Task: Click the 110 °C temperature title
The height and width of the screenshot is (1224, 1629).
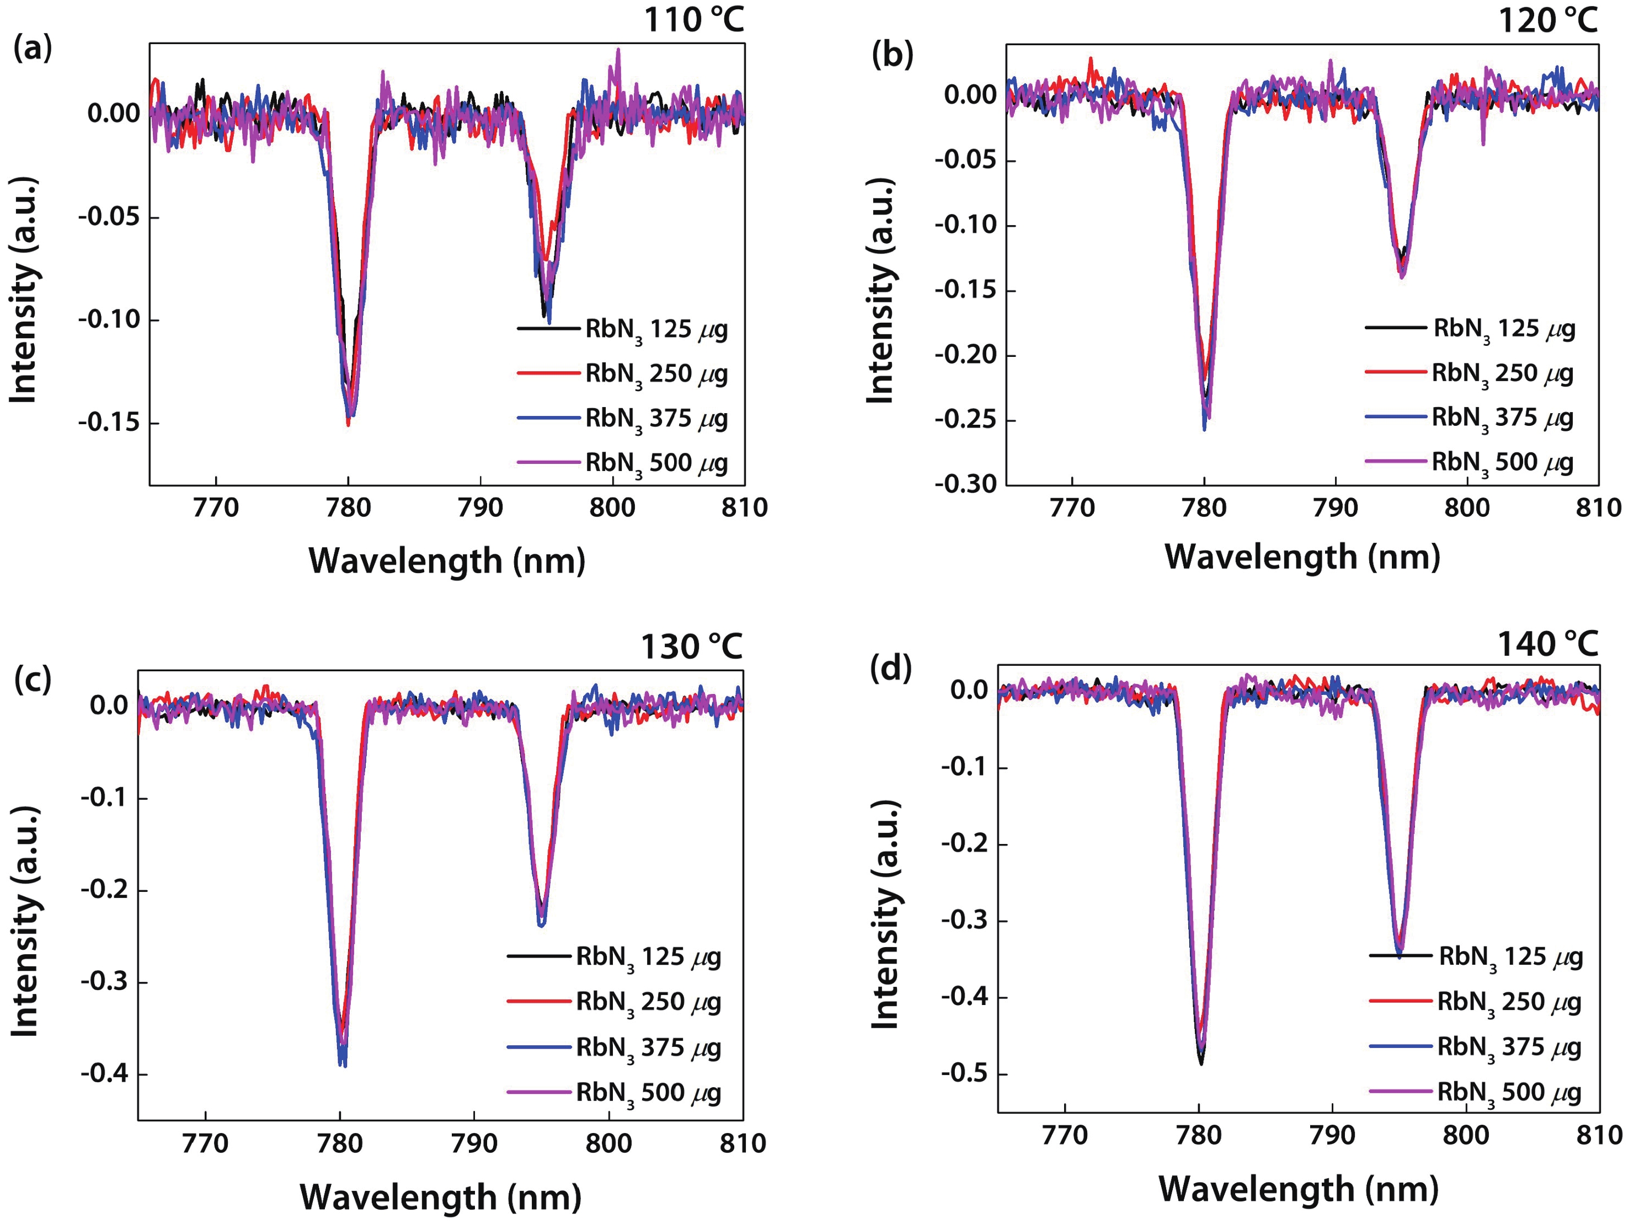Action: coord(694,20)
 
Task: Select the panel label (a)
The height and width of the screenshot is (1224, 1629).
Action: coord(33,49)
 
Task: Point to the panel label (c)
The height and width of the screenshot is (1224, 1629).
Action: coord(33,679)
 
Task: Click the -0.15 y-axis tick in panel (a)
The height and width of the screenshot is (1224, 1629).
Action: coord(109,423)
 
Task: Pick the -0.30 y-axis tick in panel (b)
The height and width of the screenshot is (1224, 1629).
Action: coord(965,484)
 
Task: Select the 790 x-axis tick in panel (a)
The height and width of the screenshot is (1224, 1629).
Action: coord(480,507)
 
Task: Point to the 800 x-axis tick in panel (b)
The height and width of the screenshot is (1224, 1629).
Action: coord(1467,507)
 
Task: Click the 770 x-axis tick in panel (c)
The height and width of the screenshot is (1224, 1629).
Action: coord(205,1143)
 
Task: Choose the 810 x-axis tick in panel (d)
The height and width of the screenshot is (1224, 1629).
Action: coord(1599,1135)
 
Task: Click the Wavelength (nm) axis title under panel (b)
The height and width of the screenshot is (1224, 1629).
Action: coord(1302,557)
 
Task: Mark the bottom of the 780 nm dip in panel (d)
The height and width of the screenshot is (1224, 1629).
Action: coord(1201,1063)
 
